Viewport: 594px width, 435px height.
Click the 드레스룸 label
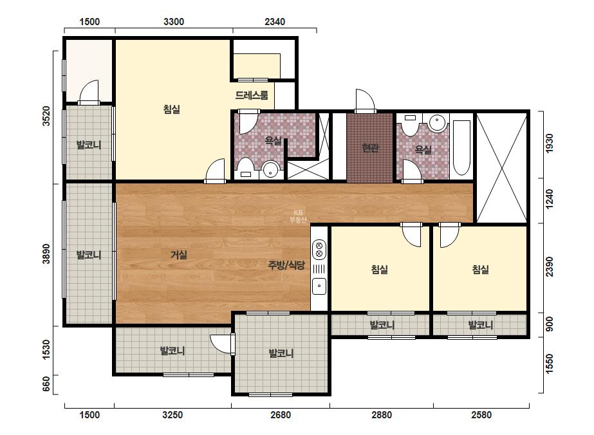252,95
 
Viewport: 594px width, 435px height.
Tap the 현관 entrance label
370,148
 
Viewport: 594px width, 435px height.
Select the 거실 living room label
178,255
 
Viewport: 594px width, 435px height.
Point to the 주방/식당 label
286,265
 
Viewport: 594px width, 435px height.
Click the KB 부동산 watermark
298,216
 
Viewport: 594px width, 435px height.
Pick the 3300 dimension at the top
174,22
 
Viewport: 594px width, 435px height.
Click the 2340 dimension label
275,22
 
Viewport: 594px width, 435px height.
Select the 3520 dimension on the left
46,116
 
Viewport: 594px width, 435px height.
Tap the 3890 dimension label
46,254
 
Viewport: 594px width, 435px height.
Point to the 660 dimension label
46,384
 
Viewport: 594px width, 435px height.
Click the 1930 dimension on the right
550,143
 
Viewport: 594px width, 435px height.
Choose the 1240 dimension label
550,199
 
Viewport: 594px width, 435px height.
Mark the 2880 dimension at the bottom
382,415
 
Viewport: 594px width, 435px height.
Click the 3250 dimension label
172,415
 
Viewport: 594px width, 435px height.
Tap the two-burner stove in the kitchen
319,249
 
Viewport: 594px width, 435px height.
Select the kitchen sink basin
319,286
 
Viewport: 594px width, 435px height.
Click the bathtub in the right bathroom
461,148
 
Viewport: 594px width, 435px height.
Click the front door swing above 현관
365,101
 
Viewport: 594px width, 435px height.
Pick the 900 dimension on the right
550,324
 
